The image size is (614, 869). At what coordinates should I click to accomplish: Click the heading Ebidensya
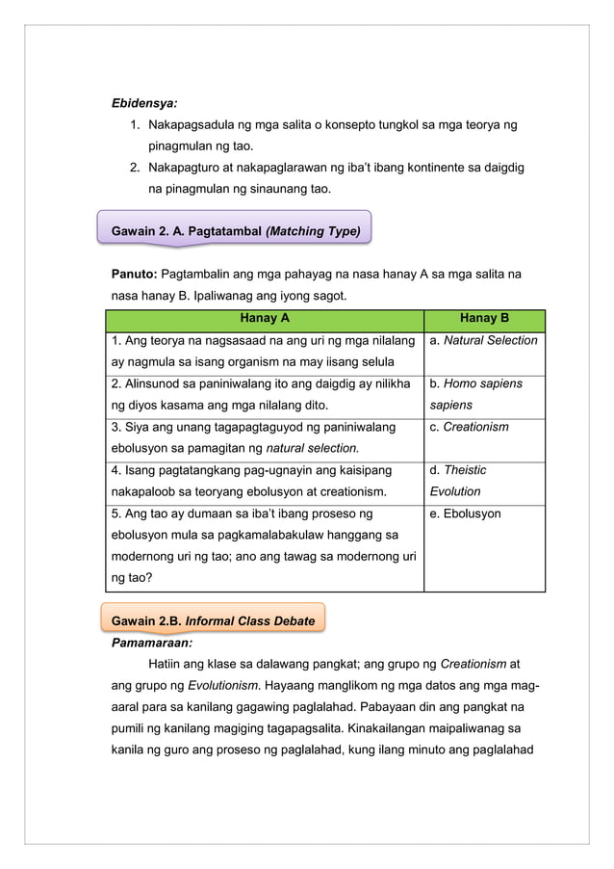point(139,100)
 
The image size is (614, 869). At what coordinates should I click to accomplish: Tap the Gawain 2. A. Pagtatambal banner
point(236,231)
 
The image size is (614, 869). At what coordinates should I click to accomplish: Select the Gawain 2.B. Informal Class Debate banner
point(214,620)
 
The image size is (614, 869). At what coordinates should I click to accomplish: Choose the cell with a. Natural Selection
point(484,341)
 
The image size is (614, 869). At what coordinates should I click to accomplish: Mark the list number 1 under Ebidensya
point(133,125)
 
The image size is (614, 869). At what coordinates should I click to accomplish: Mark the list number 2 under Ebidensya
point(133,168)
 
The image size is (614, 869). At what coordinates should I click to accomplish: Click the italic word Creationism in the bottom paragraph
point(473,663)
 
